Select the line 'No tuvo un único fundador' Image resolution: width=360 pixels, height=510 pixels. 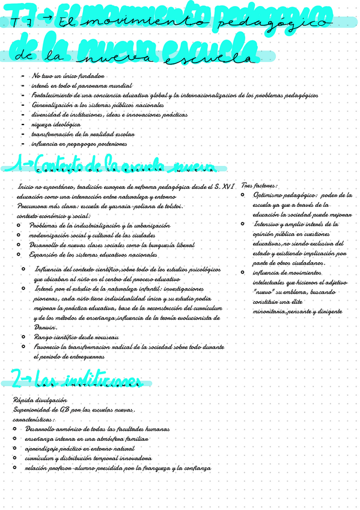[x=69, y=77]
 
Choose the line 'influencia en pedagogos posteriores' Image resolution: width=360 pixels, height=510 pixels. [x=79, y=144]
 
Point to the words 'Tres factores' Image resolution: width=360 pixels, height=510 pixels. [x=258, y=186]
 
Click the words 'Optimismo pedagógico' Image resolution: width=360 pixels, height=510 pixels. [x=285, y=195]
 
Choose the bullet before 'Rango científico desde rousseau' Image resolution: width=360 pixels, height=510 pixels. [x=23, y=337]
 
